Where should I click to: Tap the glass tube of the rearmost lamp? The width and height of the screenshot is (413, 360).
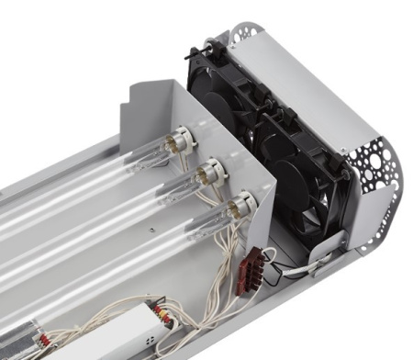pos(92,174)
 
